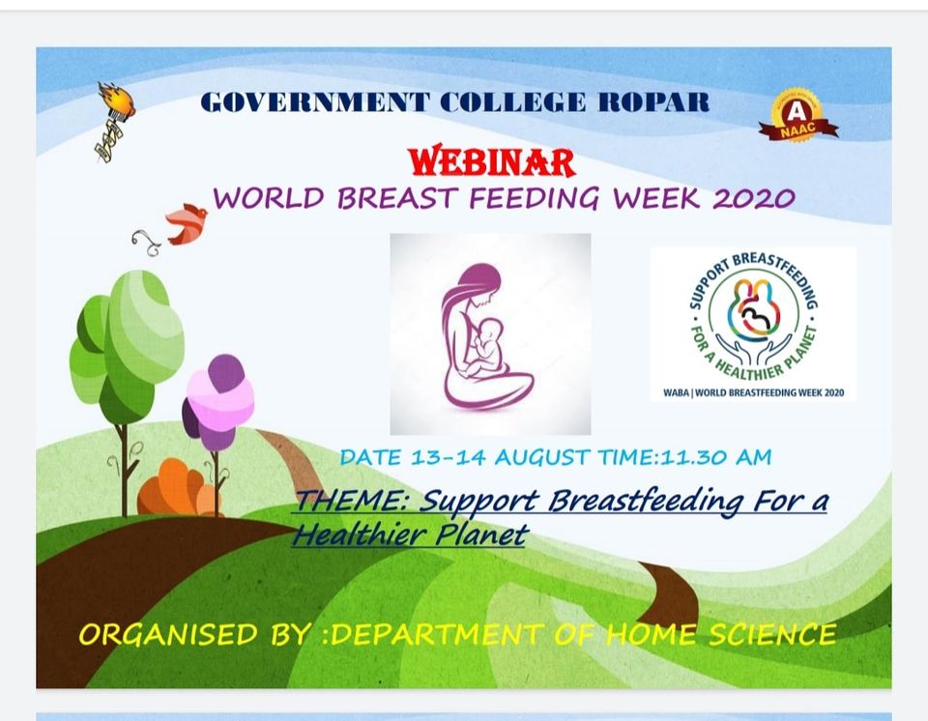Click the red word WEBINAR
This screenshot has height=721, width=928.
(491, 161)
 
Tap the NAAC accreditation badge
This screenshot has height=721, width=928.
(798, 116)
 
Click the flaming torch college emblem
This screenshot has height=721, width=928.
(114, 122)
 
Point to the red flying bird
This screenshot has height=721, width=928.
(186, 224)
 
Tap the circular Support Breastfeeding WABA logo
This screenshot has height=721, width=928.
(753, 317)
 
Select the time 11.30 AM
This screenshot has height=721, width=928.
(716, 457)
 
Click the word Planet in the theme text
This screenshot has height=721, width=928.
(480, 535)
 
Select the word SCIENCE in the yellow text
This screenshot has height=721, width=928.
(773, 635)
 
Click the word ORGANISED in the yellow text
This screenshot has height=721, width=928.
(168, 635)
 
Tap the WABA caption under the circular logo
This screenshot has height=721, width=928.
(753, 392)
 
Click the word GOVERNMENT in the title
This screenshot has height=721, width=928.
(315, 102)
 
